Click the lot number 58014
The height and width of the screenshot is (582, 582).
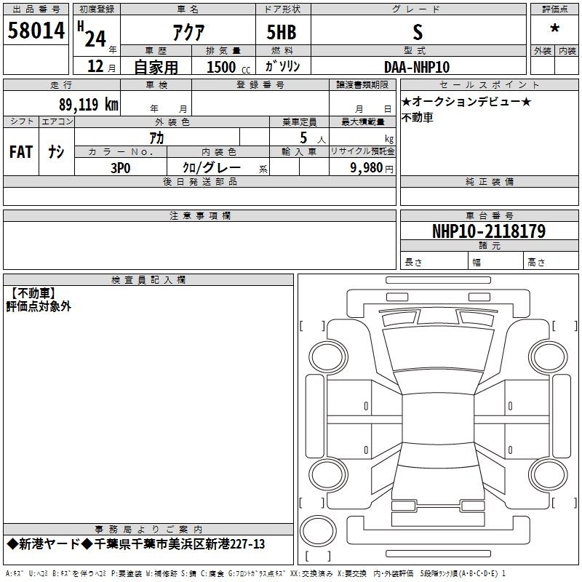(x=36, y=31)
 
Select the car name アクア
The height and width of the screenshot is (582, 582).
(x=188, y=32)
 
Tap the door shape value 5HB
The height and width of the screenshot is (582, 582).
(x=282, y=32)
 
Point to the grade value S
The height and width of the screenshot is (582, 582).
(x=418, y=32)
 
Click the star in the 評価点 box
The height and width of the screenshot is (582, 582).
(x=555, y=28)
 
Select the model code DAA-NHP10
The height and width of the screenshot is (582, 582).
(x=417, y=67)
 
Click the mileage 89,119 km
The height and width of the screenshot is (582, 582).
(x=89, y=104)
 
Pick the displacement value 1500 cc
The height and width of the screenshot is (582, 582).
(x=228, y=68)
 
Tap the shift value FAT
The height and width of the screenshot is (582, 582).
(x=21, y=152)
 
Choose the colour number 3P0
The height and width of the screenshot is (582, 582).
(x=121, y=168)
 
